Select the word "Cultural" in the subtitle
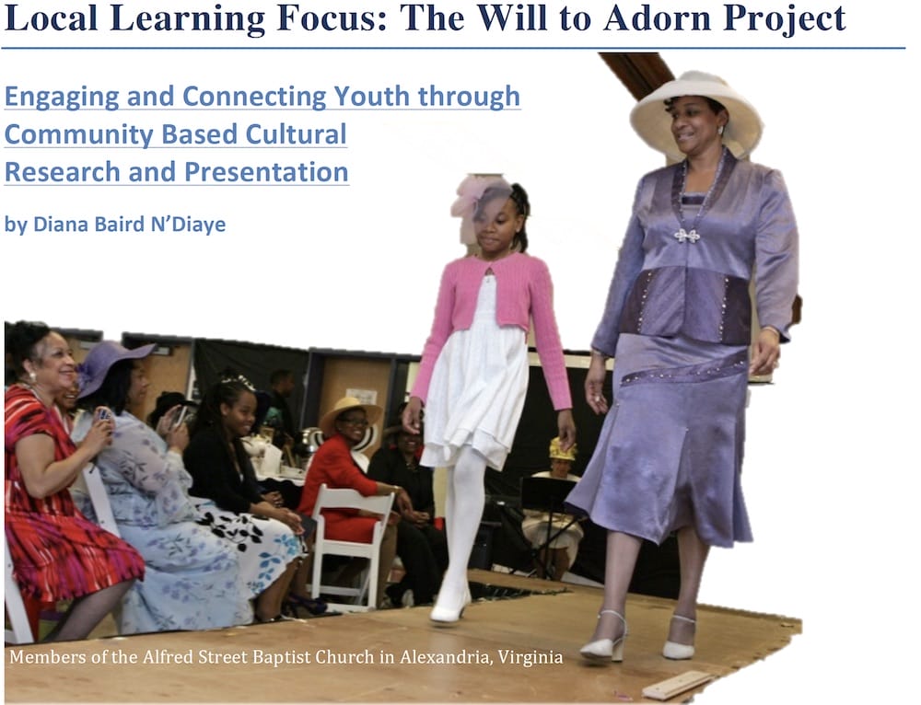296,134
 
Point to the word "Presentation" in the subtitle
266,172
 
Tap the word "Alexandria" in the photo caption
444,656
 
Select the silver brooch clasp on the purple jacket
687,236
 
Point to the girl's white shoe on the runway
449,607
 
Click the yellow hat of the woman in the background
562,449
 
